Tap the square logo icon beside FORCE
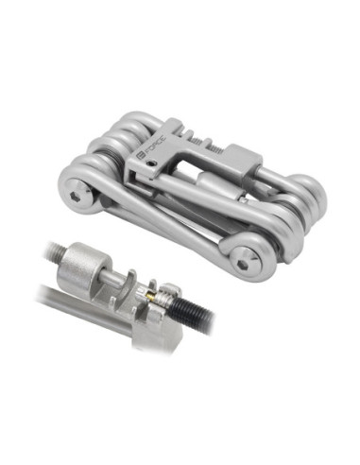140,156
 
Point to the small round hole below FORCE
152,164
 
